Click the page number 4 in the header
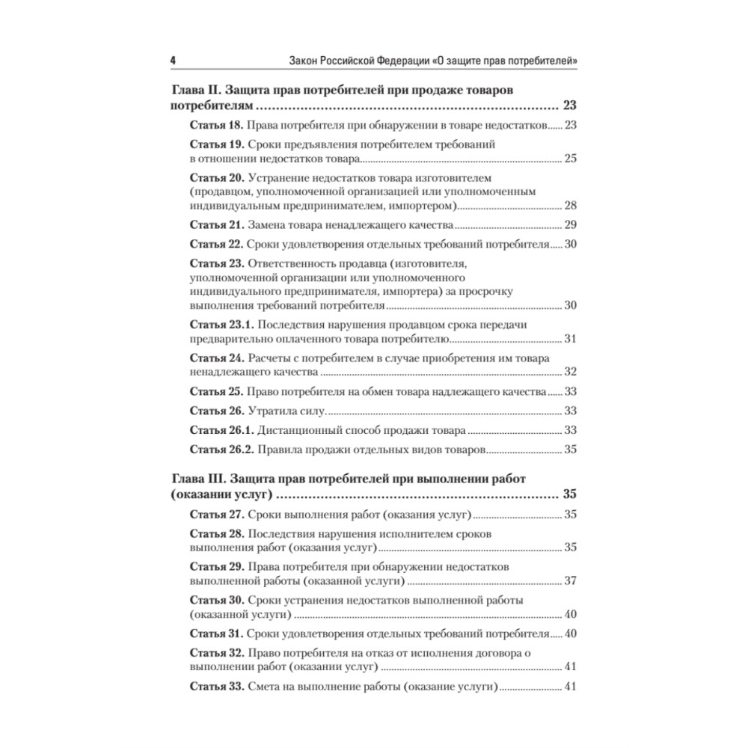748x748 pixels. tap(173, 61)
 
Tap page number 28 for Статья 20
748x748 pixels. tap(569, 206)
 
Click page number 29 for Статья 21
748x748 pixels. tap(569, 225)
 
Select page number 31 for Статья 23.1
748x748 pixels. tap(569, 339)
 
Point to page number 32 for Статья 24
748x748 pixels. tap(569, 372)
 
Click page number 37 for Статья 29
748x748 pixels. tap(569, 580)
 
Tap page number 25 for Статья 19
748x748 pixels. tap(569, 159)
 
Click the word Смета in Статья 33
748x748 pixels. tap(265, 686)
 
